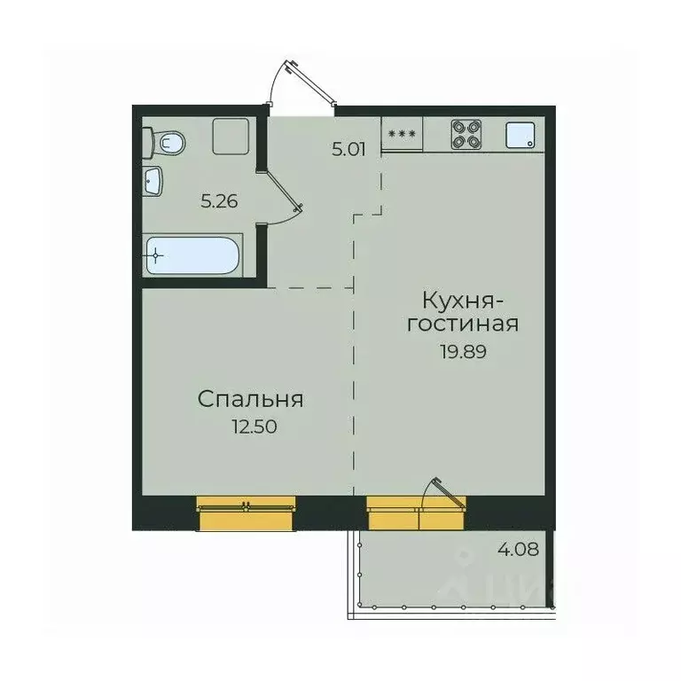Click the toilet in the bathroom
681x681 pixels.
click(x=164, y=142)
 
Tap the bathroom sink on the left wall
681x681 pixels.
click(x=153, y=180)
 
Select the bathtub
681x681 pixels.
click(x=192, y=255)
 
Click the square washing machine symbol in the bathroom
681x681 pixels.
click(x=231, y=137)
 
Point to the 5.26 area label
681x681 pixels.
click(x=219, y=201)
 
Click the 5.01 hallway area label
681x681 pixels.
click(x=348, y=150)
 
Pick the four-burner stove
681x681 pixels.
click(x=466, y=135)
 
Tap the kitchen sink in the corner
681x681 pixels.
click(x=521, y=135)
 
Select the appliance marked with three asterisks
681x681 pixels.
click(x=402, y=134)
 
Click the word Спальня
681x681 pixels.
click(x=251, y=400)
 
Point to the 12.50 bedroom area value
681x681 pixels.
click(x=254, y=427)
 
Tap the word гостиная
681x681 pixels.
click(x=463, y=325)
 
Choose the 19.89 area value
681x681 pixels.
click(x=464, y=351)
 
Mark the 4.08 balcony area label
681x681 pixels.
click(x=518, y=550)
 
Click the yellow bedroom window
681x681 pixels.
click(x=246, y=513)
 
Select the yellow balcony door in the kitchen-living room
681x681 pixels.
click(x=417, y=513)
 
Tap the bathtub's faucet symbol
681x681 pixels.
click(x=156, y=255)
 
